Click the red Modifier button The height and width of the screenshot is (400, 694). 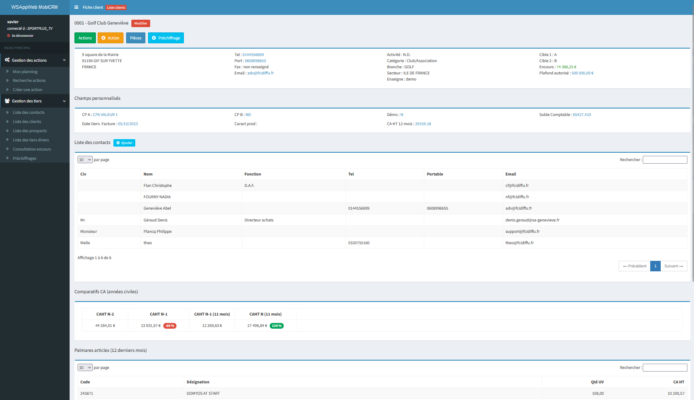click(141, 23)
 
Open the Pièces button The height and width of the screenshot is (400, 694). click(136, 38)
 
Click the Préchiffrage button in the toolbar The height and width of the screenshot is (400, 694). click(166, 38)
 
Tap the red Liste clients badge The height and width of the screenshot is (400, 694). click(116, 7)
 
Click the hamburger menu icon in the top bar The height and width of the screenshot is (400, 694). click(77, 7)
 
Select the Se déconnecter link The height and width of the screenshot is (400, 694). click(22, 35)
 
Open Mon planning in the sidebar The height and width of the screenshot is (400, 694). click(25, 72)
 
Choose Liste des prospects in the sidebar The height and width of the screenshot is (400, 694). click(30, 131)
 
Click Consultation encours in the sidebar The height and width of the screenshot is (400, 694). click(32, 149)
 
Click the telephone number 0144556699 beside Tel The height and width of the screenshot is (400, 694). click(253, 55)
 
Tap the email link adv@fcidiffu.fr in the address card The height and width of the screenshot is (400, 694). click(261, 73)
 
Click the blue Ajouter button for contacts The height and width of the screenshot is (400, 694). click(124, 143)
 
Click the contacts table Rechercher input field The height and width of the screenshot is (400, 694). click(665, 160)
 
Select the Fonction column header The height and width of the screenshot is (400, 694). click(253, 174)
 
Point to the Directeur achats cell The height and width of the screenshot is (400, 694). click(259, 220)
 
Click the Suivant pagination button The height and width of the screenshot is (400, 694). click(673, 266)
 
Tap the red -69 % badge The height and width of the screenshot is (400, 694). click(170, 326)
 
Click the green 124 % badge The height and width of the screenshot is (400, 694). click(277, 326)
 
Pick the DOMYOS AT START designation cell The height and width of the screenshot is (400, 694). click(203, 393)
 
